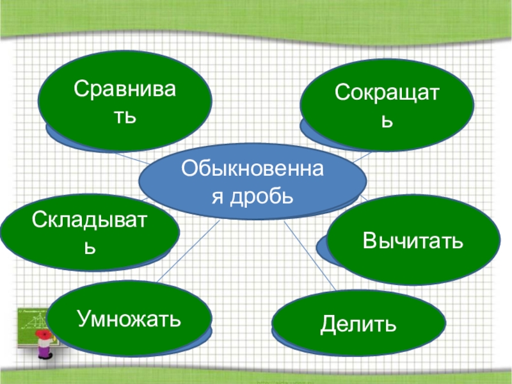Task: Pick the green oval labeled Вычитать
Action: click(413, 239)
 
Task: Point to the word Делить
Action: click(358, 324)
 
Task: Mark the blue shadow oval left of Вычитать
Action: click(323, 246)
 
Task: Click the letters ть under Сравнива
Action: click(125, 116)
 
